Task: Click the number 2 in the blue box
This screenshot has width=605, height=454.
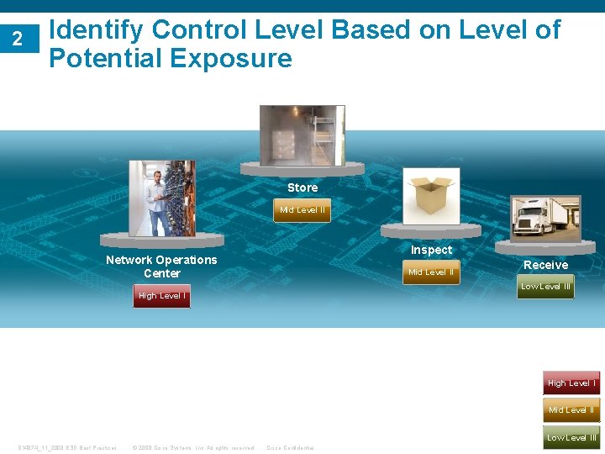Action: (17, 38)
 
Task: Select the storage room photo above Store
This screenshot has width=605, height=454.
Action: (302, 135)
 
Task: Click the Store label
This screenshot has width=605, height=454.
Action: (302, 187)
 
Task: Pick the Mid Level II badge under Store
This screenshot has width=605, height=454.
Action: (302, 210)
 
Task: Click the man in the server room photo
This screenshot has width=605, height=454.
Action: (157, 202)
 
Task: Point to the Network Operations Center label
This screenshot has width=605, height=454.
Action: (161, 267)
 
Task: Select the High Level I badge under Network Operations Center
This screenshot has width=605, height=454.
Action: (162, 296)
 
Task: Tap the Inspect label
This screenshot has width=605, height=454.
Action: (431, 250)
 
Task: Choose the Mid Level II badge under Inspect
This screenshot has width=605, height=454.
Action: (431, 272)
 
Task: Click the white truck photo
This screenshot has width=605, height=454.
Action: (544, 219)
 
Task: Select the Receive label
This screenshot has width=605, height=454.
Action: (545, 265)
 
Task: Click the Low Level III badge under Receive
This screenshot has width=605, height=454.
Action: (545, 287)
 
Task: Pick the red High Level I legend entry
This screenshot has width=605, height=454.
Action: (571, 383)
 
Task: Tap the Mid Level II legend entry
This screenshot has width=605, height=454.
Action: (571, 410)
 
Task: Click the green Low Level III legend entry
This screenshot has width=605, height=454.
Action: (571, 437)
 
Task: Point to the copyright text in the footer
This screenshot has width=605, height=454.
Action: (193, 448)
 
